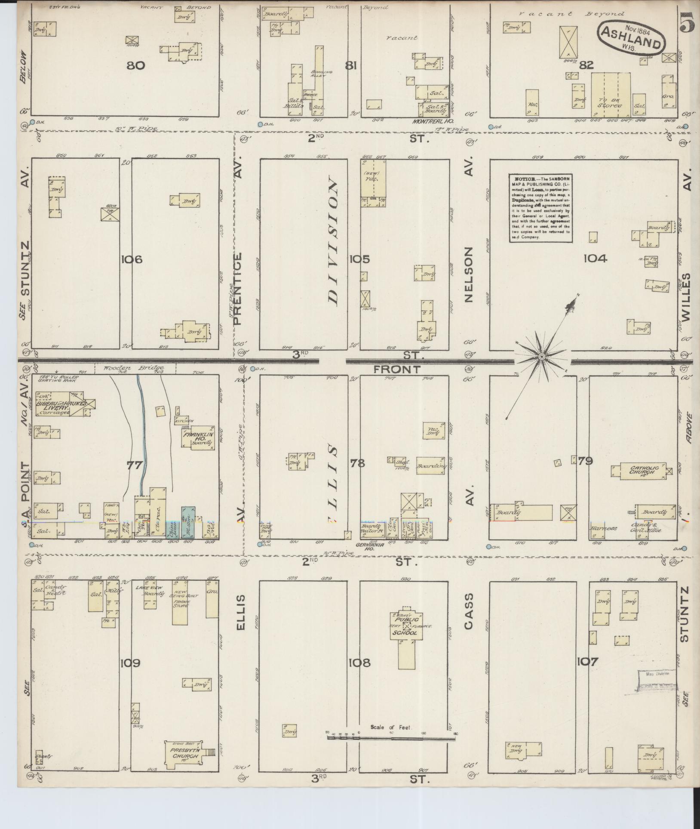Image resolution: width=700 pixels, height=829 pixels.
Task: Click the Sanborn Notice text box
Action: pos(540,208)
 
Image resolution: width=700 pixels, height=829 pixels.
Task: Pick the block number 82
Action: pos(586,65)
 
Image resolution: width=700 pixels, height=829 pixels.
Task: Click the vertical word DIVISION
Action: pos(333,243)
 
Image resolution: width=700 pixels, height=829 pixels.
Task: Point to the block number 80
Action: pos(135,65)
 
